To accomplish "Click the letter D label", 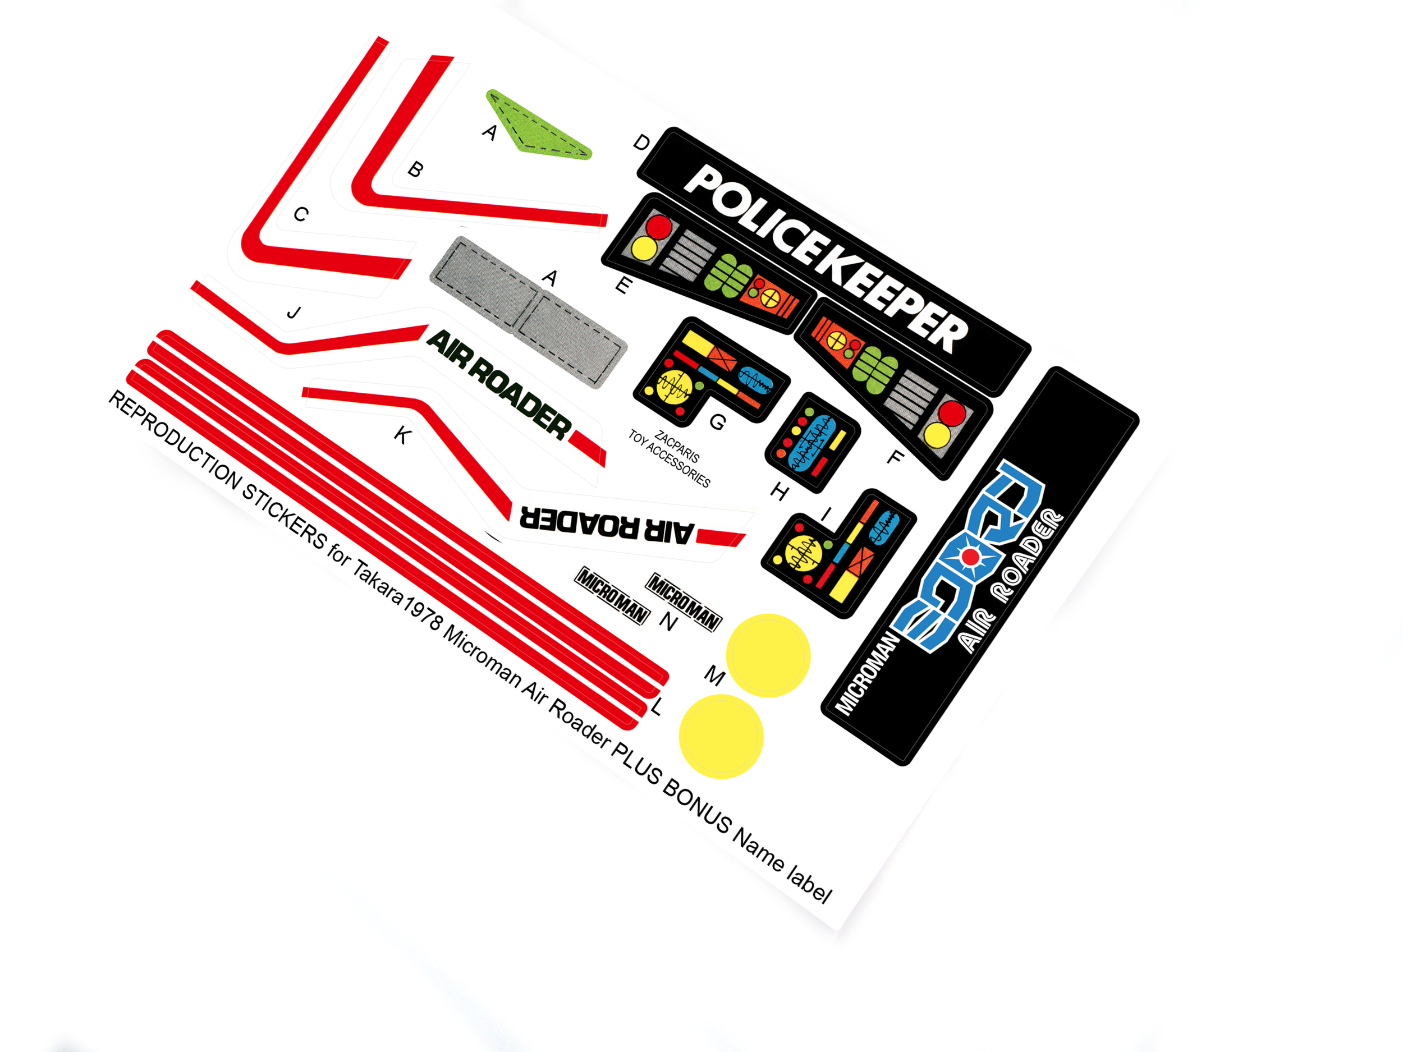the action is click(x=641, y=143).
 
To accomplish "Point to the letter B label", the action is click(x=415, y=169).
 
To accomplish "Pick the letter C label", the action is click(x=301, y=214).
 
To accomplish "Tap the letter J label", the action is click(x=294, y=313).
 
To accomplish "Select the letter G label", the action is click(x=717, y=422).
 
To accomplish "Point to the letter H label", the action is click(x=780, y=491).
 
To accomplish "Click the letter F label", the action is click(x=895, y=457).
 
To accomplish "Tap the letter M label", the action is click(x=715, y=676).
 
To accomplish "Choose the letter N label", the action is click(x=668, y=622).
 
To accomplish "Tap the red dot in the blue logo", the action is click(x=970, y=557).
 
